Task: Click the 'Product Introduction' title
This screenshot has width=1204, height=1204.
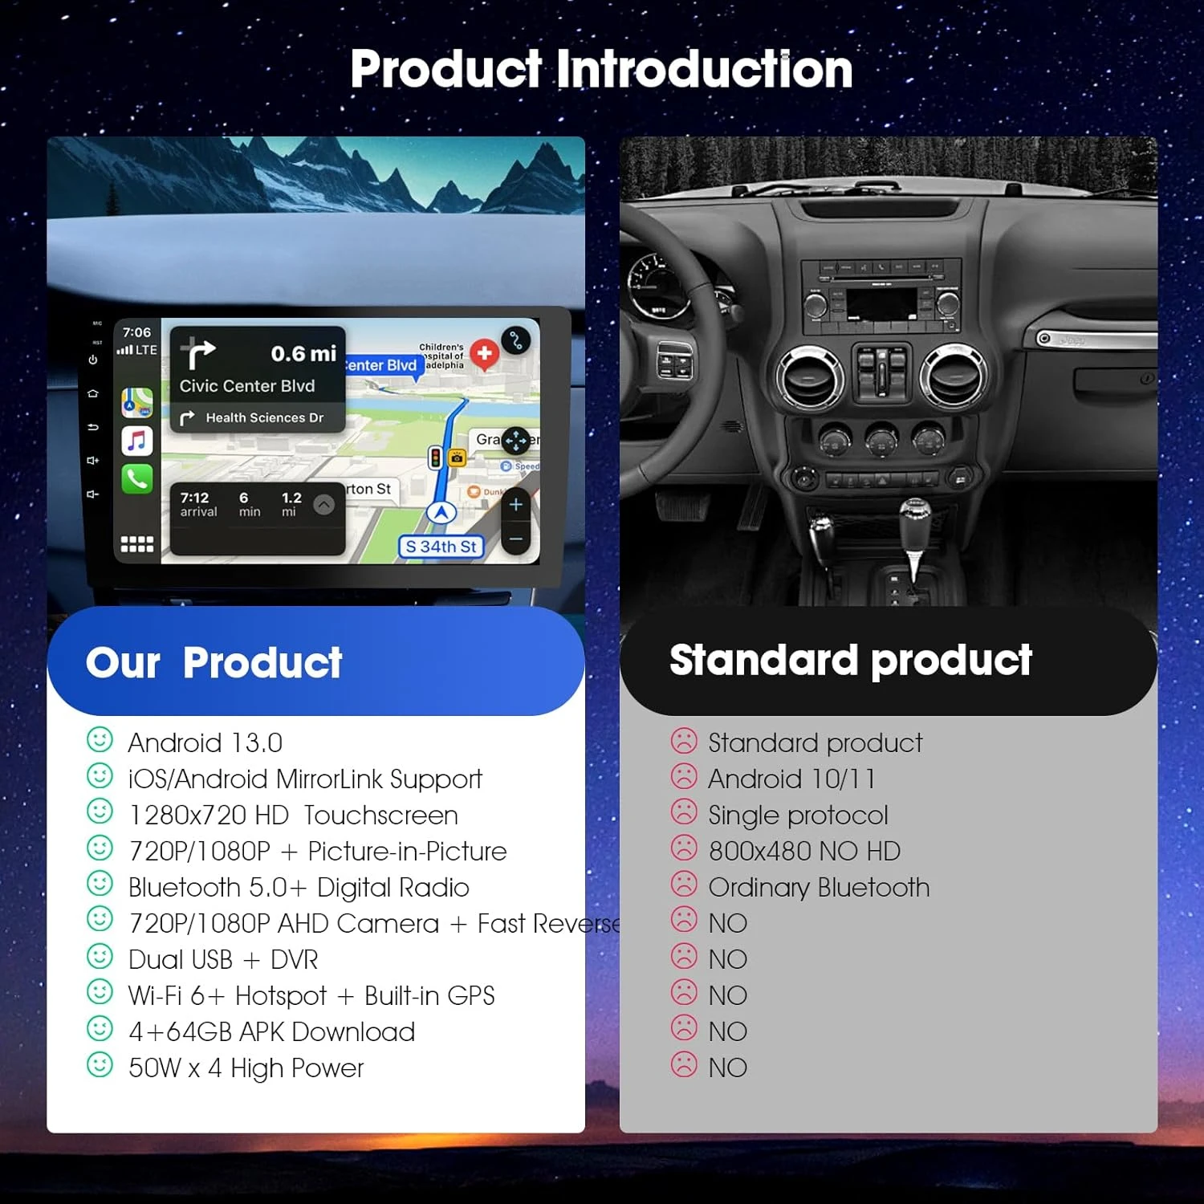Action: coord(601,69)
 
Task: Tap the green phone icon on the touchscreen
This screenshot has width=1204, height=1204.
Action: coord(137,478)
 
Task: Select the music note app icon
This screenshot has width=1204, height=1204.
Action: coord(137,441)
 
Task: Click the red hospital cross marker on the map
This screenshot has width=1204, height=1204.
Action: coord(484,353)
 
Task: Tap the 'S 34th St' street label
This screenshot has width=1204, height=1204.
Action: coord(441,547)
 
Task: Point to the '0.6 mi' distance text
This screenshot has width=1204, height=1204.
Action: coord(303,353)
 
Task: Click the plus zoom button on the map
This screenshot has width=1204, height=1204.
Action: coord(516,504)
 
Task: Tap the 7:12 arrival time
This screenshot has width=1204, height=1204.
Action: coord(195,498)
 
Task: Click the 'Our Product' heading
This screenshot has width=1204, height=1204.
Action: coord(214,663)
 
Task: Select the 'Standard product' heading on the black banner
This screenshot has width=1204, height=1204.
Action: coord(850,660)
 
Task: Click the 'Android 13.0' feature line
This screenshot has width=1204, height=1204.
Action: coord(205,742)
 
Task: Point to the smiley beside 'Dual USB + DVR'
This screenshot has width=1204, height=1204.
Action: coord(100,957)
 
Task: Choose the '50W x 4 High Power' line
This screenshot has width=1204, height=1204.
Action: coord(246,1068)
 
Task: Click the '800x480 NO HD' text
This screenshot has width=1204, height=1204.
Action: coord(804,851)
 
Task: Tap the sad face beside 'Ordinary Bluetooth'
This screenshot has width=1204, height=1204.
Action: coord(684,885)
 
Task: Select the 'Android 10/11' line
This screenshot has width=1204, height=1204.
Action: coord(791,779)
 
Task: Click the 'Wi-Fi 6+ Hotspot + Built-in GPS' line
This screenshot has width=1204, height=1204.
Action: coord(311,995)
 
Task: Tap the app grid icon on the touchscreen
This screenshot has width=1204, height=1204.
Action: coord(137,544)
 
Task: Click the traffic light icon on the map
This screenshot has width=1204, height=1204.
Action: coord(436,458)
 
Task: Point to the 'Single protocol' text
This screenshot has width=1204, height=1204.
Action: coord(798,815)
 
